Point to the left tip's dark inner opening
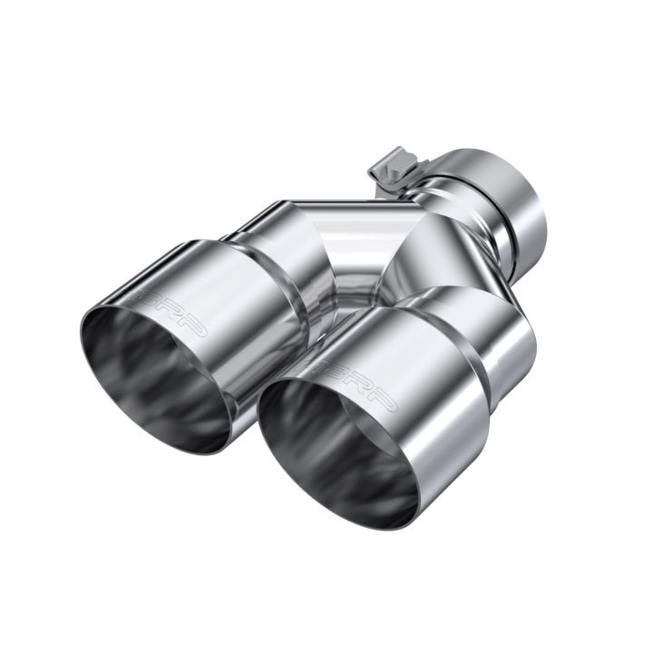(x=150, y=381)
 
